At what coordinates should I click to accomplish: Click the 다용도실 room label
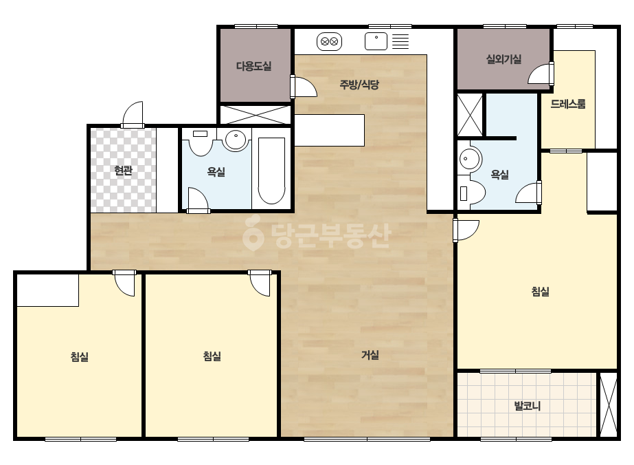point(253,66)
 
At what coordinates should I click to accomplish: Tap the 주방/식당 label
point(359,85)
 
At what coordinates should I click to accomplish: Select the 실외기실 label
point(503,60)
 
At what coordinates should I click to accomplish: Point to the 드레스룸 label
point(567,104)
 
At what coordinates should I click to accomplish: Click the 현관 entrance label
point(124,171)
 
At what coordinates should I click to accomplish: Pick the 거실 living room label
point(370,355)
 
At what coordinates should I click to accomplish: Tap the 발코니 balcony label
point(528,405)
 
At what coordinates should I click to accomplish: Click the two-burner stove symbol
point(329,41)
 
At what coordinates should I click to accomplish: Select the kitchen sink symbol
point(376,41)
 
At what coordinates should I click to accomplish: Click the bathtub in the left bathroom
point(271,171)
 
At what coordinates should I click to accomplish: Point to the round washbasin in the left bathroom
point(236,140)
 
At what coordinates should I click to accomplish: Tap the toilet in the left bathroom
point(201,142)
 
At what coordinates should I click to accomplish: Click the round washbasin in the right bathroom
point(469,158)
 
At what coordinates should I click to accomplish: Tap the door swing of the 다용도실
point(304,86)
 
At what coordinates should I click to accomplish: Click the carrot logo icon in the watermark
point(253,233)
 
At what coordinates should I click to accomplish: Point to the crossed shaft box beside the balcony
point(608,404)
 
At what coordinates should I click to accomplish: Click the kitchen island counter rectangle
point(329,130)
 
